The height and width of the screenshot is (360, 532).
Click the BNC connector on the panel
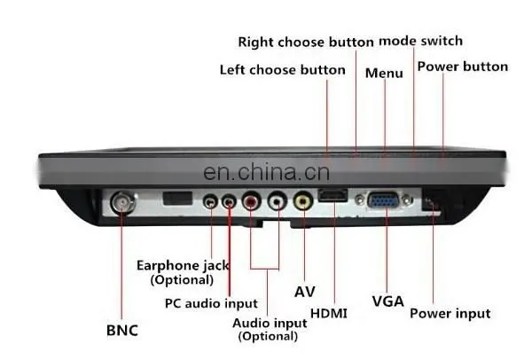122,202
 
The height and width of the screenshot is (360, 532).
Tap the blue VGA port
383,200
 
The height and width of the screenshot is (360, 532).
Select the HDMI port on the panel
333,195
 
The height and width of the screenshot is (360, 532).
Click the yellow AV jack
303,201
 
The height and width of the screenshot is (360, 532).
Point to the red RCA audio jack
252,201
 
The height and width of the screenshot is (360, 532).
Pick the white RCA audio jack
278,201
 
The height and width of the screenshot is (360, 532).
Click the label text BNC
122,331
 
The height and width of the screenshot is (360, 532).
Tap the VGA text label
387,301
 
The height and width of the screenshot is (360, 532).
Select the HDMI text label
329,313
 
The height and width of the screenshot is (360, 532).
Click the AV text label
304,292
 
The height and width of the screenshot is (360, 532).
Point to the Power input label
450,314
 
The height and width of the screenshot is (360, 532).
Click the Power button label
463,67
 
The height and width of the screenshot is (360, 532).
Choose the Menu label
384,74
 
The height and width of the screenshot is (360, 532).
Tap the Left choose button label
283,70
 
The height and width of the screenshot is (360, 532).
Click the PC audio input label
211,303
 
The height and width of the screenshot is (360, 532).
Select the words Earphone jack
183,266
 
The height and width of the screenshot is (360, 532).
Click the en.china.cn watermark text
266,172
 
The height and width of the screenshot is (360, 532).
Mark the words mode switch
420,41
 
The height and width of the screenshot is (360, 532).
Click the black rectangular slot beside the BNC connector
177,198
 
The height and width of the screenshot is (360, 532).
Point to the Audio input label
270,323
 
